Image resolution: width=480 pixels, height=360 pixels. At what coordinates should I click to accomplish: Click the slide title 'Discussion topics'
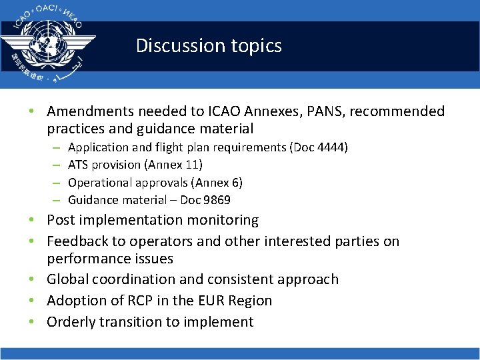pyautogui.click(x=209, y=45)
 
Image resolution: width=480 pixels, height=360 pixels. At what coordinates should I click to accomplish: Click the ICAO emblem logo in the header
pyautogui.click(x=48, y=44)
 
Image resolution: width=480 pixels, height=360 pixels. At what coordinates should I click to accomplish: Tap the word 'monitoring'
pyautogui.click(x=219, y=220)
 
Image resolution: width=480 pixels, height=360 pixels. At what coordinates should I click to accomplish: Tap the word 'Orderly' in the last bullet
pyautogui.click(x=71, y=322)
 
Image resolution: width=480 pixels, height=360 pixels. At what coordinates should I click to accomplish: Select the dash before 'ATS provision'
pyautogui.click(x=57, y=165)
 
